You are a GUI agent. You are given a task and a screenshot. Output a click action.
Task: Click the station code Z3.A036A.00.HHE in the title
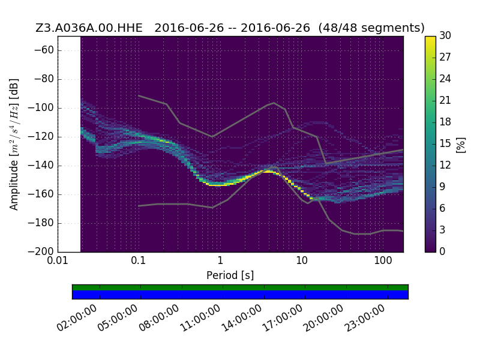click(x=89, y=28)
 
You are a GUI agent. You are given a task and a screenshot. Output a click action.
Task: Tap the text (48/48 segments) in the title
click(x=371, y=28)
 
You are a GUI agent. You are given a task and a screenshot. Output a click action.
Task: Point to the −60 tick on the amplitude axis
click(x=44, y=50)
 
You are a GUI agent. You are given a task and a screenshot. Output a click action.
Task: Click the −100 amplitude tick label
click(x=41, y=108)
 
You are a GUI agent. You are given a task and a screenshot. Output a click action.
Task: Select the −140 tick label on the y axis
click(x=41, y=166)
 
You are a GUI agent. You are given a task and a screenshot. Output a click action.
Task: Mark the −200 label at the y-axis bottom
click(x=41, y=251)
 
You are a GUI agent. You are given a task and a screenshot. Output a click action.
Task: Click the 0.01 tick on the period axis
click(x=58, y=260)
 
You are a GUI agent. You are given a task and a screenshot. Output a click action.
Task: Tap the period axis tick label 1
click(x=220, y=260)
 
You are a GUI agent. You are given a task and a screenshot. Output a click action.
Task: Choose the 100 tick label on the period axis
click(x=383, y=260)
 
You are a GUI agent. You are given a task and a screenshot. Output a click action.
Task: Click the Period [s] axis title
click(x=230, y=275)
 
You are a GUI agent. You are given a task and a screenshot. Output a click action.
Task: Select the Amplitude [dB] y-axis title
click(x=14, y=145)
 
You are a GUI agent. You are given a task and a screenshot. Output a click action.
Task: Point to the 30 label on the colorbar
click(x=445, y=36)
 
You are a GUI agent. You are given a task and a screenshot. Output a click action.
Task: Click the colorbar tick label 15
click(x=445, y=143)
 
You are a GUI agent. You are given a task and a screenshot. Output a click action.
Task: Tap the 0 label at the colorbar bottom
click(x=442, y=251)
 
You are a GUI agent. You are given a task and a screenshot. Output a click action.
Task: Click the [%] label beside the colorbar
click(x=461, y=145)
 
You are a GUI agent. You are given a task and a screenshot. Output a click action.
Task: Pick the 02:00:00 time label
click(x=77, y=319)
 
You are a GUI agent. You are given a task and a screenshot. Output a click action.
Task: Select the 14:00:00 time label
click(x=242, y=319)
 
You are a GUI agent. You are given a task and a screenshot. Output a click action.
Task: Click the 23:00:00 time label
click(x=365, y=319)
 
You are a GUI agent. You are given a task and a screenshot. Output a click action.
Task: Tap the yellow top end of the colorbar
click(x=430, y=38)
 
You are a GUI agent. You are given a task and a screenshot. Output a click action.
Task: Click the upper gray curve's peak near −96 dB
click(x=274, y=103)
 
